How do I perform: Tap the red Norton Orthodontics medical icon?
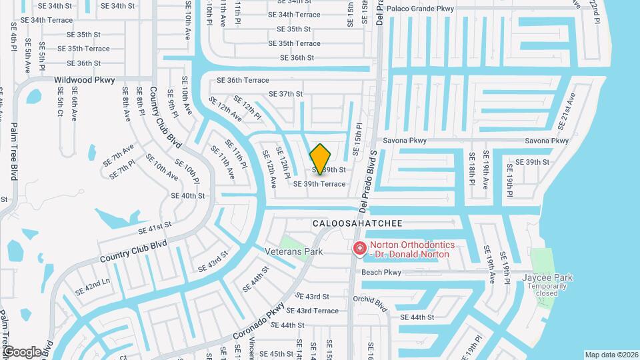pos(360,249)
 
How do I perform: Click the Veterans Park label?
pos(293,251)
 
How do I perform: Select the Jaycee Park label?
pos(548,277)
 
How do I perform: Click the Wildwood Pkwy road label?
pos(85,80)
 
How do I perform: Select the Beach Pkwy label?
pos(381,272)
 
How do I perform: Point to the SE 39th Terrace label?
pos(319,184)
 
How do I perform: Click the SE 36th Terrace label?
pos(238,80)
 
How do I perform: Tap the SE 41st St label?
pos(155,229)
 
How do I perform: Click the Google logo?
pos(22,351)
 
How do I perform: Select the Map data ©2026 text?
pos(611,355)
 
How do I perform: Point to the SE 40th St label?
pos(188,196)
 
